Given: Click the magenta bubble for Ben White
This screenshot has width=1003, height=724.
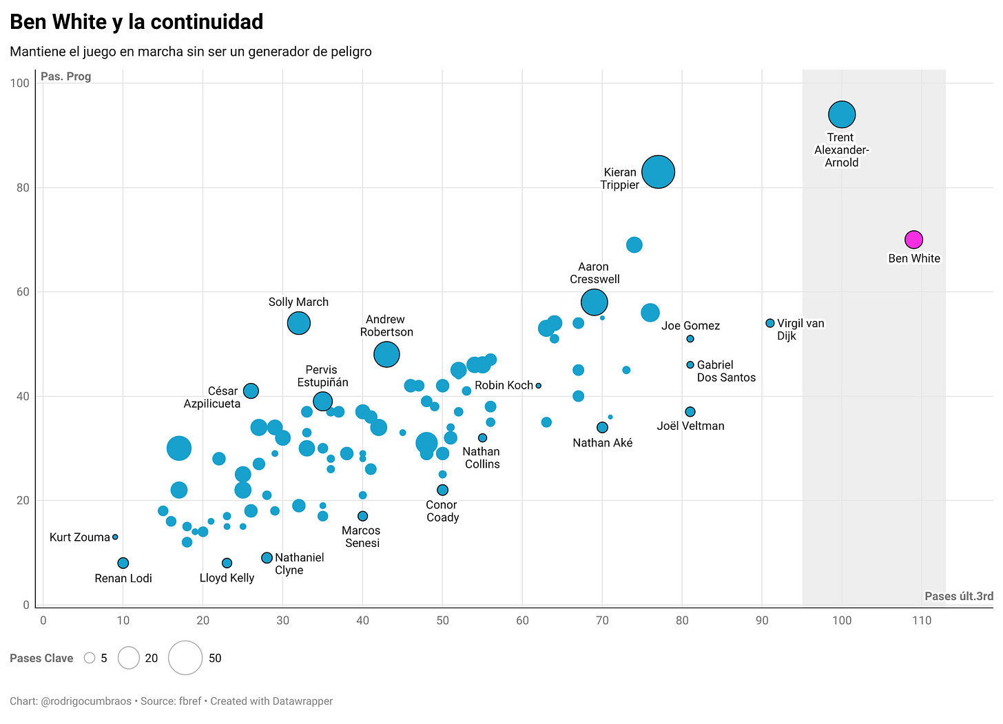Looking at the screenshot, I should (913, 240).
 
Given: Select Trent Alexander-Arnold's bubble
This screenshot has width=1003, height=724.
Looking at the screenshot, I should (842, 114).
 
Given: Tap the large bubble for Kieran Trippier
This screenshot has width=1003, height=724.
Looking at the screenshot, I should (658, 172).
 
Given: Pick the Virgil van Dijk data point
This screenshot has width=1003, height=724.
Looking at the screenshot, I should (770, 323).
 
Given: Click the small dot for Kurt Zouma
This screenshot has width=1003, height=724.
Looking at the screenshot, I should (115, 537).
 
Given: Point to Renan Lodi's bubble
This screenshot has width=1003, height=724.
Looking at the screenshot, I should (123, 563).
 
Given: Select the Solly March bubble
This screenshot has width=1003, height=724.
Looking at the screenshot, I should (298, 322).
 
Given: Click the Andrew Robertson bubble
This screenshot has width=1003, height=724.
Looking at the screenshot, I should (386, 354).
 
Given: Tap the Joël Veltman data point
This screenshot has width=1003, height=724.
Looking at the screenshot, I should (690, 412).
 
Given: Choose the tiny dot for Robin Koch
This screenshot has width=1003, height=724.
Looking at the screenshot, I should (539, 386).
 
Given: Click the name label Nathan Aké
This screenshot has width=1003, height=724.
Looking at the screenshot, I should (602, 443).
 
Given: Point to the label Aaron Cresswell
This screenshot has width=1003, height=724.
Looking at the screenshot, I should (594, 273).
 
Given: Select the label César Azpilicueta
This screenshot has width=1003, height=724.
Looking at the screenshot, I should (211, 397).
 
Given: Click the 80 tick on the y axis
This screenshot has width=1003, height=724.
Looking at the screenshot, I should (23, 187).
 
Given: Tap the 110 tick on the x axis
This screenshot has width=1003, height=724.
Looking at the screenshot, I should (922, 620).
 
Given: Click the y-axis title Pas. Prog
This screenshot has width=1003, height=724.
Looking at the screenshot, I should (65, 76).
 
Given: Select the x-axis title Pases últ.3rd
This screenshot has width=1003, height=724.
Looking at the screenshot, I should (958, 596).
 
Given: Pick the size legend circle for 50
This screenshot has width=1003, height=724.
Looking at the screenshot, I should (185, 658).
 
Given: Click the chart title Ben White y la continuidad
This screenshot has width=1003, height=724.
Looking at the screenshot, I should (136, 22).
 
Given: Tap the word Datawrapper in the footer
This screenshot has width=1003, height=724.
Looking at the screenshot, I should (299, 701).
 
